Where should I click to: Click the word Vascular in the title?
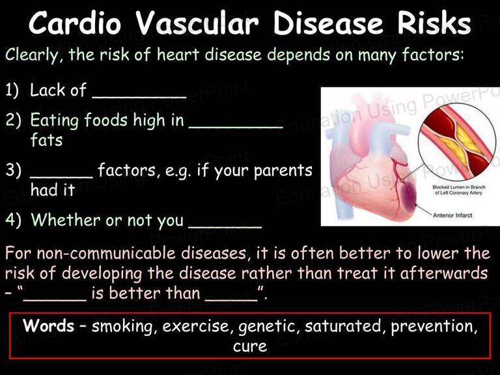tap(197, 23)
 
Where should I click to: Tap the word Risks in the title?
tap(434, 23)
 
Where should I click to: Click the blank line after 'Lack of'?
tap(139, 96)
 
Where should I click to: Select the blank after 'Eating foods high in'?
tap(236, 126)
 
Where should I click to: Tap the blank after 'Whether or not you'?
tap(225, 227)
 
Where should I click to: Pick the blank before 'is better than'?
tap(55, 299)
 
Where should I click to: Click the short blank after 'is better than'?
tap(231, 299)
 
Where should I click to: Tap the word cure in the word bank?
tap(250, 346)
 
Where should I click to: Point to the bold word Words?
tap(48, 326)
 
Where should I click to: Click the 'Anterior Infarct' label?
tap(452, 215)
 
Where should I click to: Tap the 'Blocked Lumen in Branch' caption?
tap(459, 187)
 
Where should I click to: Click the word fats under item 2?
tap(46, 140)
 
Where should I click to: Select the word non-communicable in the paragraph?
tap(109, 253)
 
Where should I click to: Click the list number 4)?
tap(14, 219)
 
